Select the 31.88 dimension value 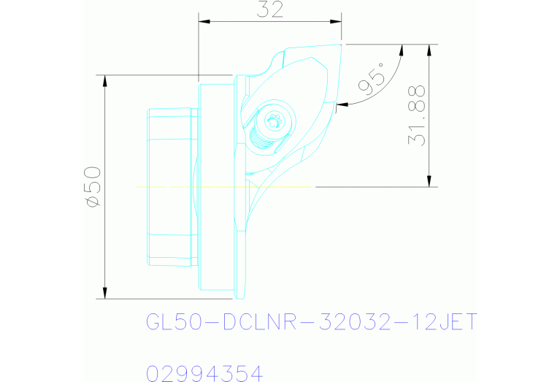[418, 115]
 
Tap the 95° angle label [372, 80]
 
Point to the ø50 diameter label [92, 186]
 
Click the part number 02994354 [204, 373]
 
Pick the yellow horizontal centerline [219, 188]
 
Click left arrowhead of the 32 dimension [204, 22]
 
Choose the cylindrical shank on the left [172, 186]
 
